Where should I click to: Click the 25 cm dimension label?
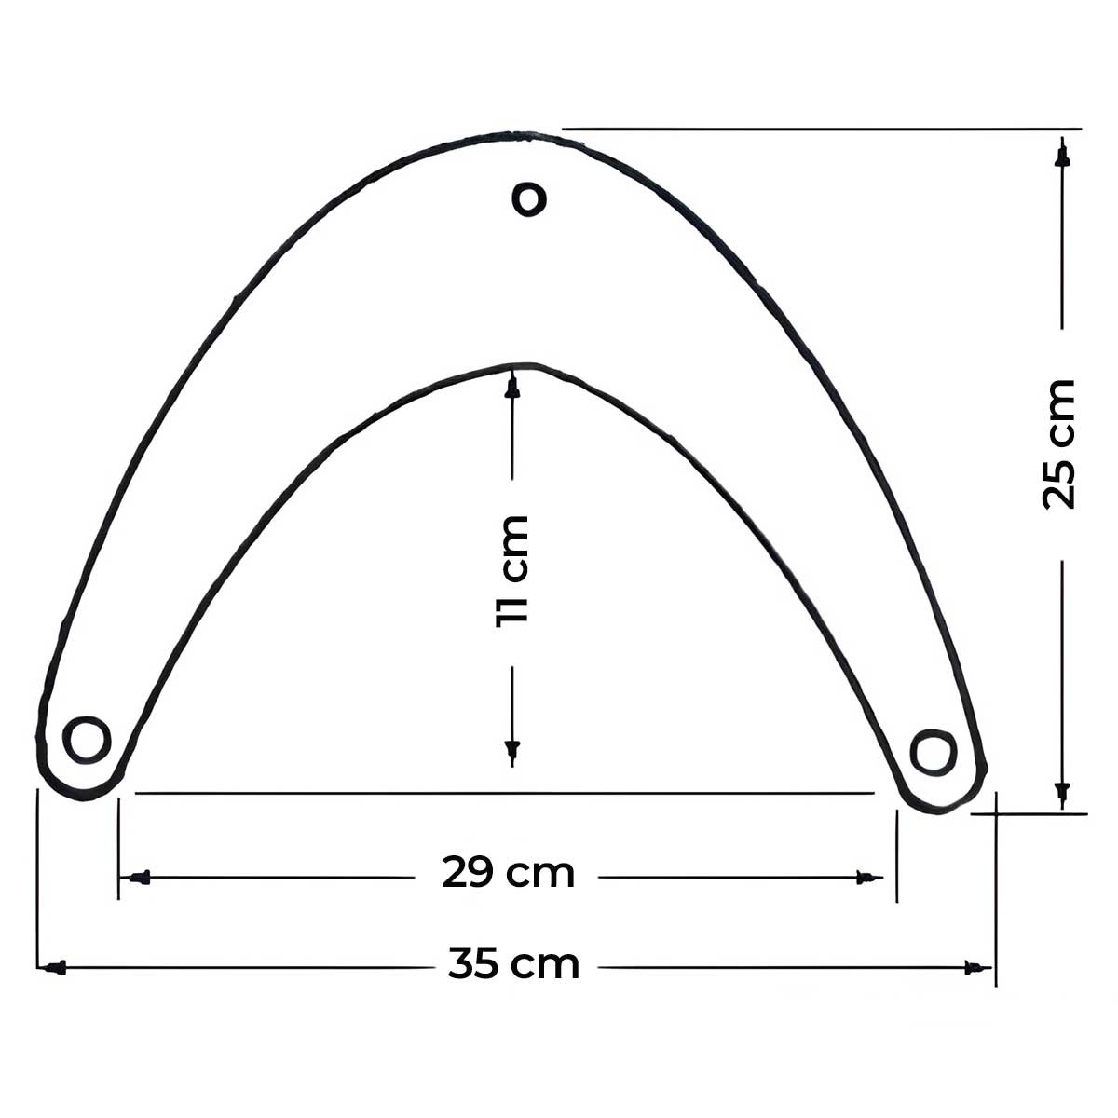tap(1059, 444)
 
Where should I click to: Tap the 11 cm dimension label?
tap(512, 571)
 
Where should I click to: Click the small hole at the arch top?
tap(529, 199)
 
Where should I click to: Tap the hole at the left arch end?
tap(87, 740)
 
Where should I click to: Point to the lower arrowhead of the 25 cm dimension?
tap(1062, 794)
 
